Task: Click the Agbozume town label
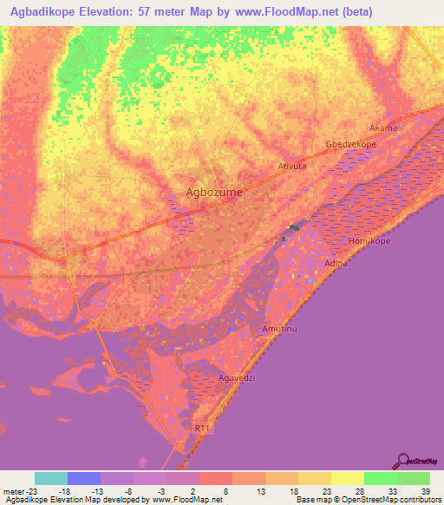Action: [x=214, y=193]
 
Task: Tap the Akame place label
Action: [x=383, y=128]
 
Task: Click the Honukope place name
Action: [x=370, y=239]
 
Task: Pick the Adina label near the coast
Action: [x=335, y=262]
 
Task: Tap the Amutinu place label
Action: [x=278, y=329]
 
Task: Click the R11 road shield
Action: [x=203, y=427]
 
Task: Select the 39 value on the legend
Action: [x=424, y=489]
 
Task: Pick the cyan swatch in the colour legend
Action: [x=51, y=477]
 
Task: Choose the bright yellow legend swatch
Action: [x=348, y=477]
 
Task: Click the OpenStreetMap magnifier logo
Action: [x=402, y=460]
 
